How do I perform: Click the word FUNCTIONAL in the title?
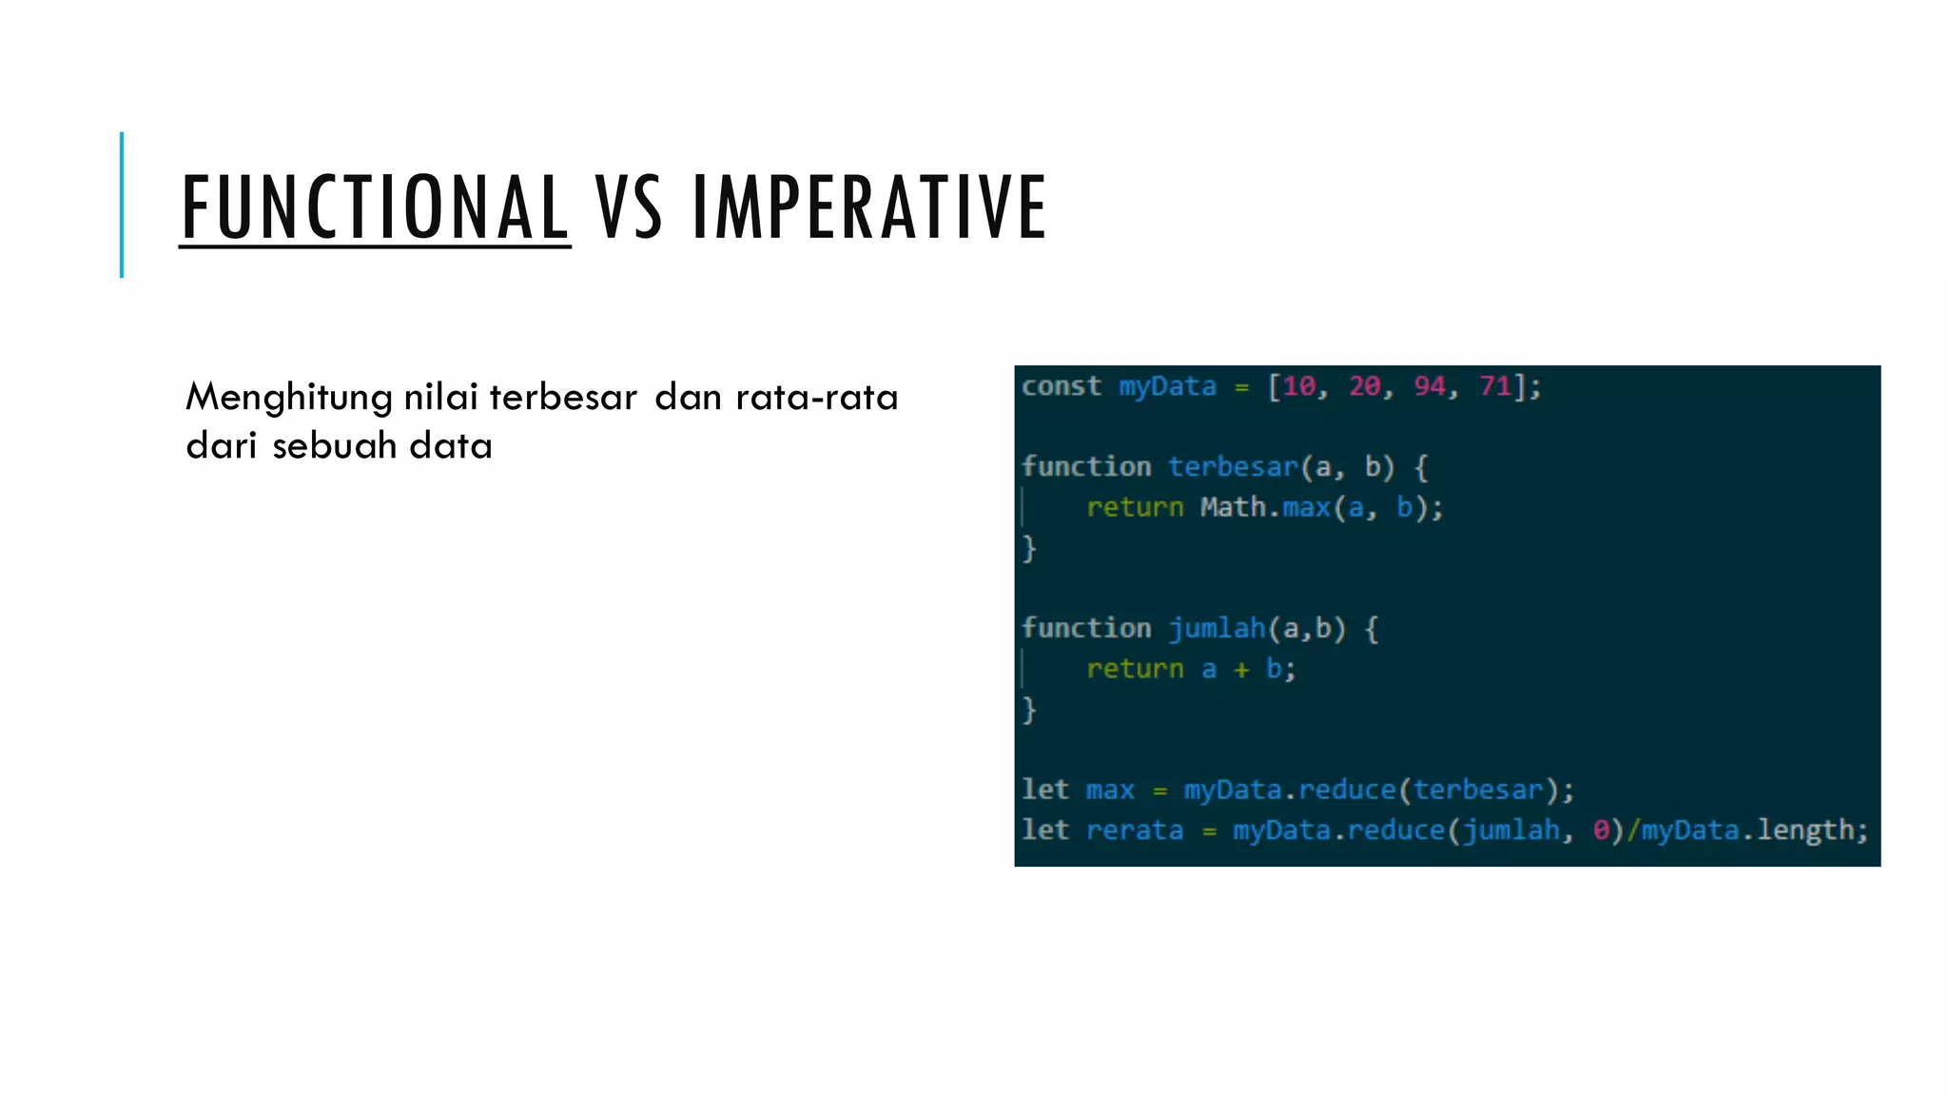[375, 206]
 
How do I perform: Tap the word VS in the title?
[629, 206]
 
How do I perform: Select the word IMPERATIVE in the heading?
[869, 206]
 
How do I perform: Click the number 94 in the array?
[1429, 386]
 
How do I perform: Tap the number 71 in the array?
[1494, 386]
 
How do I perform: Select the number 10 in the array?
[1298, 386]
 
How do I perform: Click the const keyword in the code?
[1062, 386]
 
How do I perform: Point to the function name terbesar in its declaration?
[1233, 467]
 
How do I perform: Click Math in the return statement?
[1233, 507]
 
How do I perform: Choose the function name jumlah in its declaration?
[1217, 628]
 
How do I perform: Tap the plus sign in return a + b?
[1241, 670]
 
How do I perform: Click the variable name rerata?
[1134, 831]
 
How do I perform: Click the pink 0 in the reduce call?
[1601, 831]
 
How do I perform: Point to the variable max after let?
[1110, 791]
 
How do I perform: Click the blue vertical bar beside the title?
[122, 205]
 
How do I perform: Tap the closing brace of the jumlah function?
[1028, 710]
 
